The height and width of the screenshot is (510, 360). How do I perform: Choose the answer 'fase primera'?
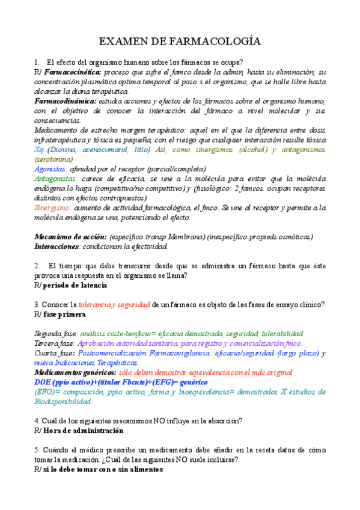point(64,315)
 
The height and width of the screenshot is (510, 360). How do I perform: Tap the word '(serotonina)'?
point(53,159)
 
